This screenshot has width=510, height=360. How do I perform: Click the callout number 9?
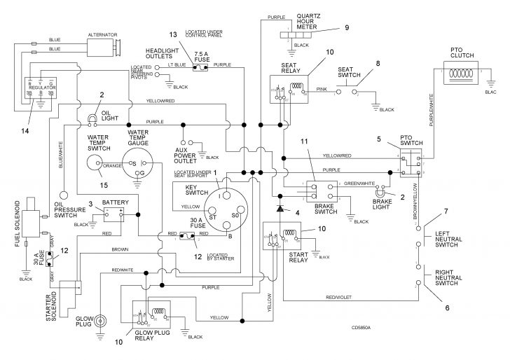(346, 28)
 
